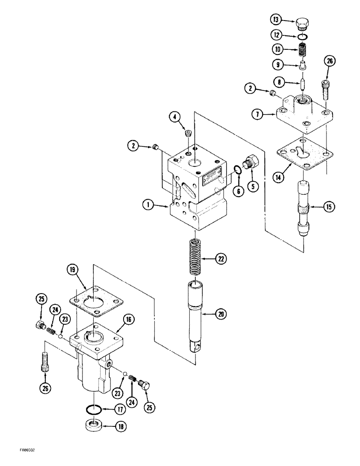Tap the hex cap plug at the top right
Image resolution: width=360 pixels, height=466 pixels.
pyautogui.click(x=303, y=23)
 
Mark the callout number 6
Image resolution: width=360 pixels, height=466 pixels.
pyautogui.click(x=238, y=192)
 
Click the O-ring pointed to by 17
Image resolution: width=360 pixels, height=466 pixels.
pyautogui.click(x=96, y=410)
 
